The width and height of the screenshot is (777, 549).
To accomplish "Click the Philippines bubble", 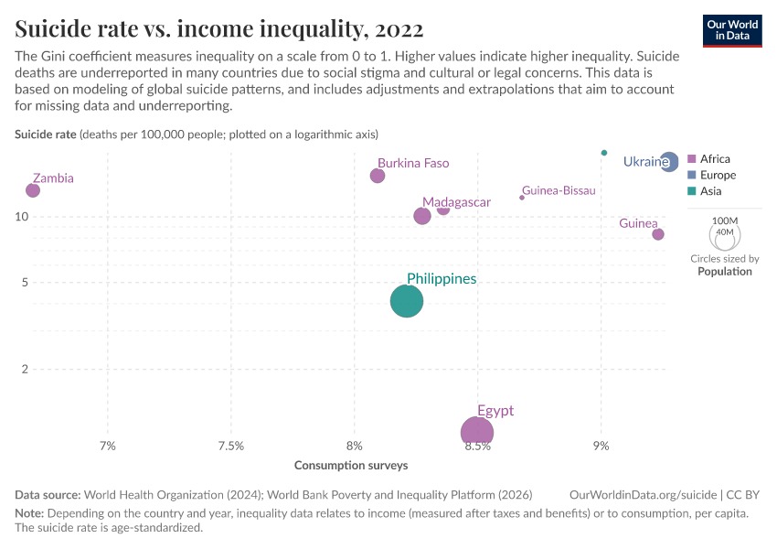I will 407,301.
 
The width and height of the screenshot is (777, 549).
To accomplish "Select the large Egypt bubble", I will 477,433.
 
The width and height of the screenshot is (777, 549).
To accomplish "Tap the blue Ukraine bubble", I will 669,162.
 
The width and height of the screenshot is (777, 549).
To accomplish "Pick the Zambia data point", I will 33,190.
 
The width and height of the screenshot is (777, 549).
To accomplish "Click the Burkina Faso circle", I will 378,176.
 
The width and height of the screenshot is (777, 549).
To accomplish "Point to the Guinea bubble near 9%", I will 658,234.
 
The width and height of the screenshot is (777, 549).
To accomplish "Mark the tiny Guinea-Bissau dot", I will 522,198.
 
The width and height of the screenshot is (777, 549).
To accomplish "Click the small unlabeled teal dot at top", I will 604,153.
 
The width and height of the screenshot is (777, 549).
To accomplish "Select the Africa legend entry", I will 713,159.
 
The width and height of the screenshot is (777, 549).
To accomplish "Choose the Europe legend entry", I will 717,175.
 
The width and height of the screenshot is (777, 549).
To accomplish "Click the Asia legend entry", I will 709,191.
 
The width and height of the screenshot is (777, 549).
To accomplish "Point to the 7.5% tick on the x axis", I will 231,447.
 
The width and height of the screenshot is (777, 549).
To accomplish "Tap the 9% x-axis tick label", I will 601,447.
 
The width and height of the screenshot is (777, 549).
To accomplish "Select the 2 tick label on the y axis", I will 24,370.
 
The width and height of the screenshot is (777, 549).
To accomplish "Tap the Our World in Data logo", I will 732,30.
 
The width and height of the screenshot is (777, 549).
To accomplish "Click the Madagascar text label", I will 456,202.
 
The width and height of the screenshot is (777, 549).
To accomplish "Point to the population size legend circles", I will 724,236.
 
